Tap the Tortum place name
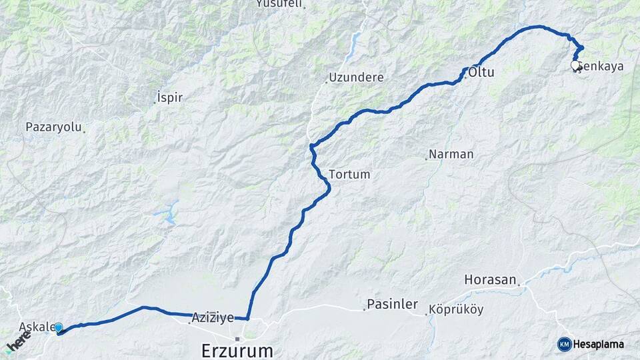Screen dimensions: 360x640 point(349,174)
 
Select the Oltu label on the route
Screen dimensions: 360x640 point(481,72)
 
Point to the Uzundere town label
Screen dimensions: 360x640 point(356,77)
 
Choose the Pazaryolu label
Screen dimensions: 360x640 point(53,127)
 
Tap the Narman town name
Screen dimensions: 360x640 point(451,154)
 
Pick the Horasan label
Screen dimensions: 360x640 point(490,280)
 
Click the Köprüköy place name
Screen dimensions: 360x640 point(456,309)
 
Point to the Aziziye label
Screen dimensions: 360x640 point(213,318)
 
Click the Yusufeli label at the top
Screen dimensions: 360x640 point(279,4)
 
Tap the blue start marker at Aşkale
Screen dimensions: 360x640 point(59,327)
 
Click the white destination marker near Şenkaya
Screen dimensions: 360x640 point(575,65)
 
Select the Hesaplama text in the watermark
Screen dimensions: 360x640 point(598,345)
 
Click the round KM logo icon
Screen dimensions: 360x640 point(565,344)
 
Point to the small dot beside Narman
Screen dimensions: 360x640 point(426,159)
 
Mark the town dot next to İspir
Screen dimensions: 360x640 point(155,103)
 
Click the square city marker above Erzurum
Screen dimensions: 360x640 point(237,339)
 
